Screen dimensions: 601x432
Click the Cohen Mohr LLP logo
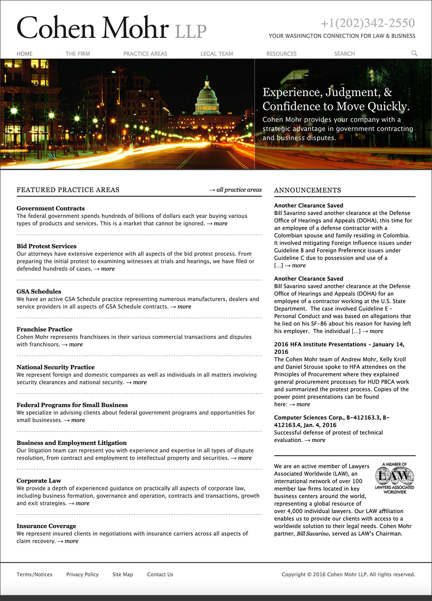[111, 27]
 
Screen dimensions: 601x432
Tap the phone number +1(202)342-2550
[368, 23]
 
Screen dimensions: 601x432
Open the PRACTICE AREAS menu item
[145, 54]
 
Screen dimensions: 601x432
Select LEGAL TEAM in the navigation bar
[216, 54]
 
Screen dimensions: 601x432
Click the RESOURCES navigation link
[281, 54]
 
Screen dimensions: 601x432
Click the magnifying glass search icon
[414, 53]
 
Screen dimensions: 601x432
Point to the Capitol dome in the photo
[207, 96]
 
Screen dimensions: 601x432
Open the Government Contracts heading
[51, 208]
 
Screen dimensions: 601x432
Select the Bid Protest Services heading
[47, 246]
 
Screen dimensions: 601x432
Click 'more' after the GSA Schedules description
[184, 307]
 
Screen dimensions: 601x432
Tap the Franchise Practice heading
[44, 329]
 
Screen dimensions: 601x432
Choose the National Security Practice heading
[56, 367]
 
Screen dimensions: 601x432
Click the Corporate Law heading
[39, 480]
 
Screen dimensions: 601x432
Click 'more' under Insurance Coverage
[71, 541]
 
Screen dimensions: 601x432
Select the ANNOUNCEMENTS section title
[307, 190]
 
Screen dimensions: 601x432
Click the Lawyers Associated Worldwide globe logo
[395, 478]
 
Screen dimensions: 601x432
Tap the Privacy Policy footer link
[82, 574]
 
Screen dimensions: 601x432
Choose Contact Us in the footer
[160, 574]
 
